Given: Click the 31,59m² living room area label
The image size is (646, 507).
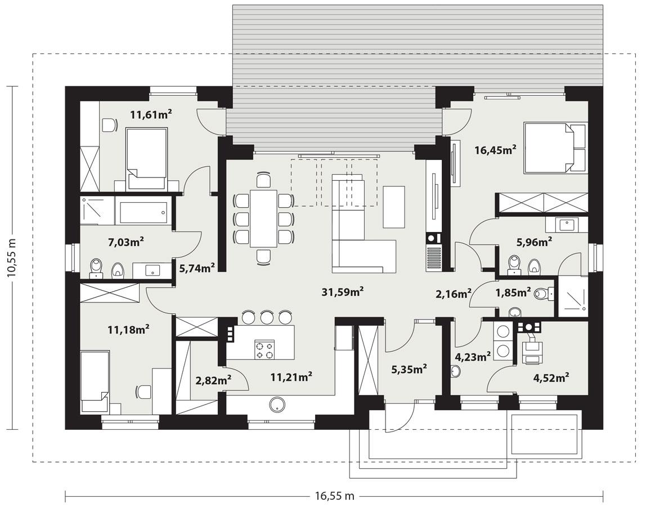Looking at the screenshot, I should point(342,292).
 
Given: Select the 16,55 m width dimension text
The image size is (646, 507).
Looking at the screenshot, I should point(334,496).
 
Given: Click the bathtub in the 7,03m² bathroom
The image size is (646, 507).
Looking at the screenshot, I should point(141,211).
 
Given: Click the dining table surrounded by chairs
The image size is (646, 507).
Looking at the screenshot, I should point(263,218).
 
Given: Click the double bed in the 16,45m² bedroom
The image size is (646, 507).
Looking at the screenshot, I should point(554,148).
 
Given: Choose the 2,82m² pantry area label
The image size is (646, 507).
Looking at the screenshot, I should point(213,381).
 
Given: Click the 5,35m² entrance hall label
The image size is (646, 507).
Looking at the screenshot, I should point(409,369).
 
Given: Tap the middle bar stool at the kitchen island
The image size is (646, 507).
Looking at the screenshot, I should point(267,317).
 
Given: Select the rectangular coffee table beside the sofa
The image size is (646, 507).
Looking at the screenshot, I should point(393,206).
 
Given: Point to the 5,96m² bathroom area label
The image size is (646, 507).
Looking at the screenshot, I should point(533,242).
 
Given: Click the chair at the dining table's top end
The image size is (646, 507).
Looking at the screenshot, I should point(263,180).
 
